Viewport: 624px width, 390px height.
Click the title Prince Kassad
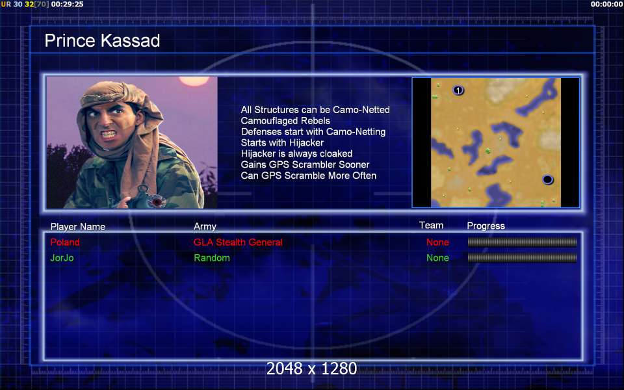click(102, 40)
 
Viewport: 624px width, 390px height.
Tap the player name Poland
click(65, 242)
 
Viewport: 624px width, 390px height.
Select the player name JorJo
click(62, 258)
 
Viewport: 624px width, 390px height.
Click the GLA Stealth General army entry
click(238, 242)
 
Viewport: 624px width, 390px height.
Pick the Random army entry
click(212, 258)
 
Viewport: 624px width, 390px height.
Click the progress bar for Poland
click(522, 242)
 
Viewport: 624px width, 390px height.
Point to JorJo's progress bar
click(522, 258)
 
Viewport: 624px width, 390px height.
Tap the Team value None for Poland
click(437, 242)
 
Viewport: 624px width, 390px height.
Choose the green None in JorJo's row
click(437, 258)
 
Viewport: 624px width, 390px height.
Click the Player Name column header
click(78, 227)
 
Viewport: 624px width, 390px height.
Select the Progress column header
click(486, 226)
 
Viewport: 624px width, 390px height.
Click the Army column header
click(205, 226)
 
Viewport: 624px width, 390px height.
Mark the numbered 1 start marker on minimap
click(458, 90)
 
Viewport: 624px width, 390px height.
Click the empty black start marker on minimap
click(547, 179)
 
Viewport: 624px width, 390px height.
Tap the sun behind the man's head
click(194, 81)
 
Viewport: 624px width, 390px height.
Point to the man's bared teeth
click(109, 134)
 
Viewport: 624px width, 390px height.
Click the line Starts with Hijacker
click(282, 142)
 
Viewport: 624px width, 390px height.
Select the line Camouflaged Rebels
click(285, 121)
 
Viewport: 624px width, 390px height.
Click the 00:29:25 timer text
click(67, 5)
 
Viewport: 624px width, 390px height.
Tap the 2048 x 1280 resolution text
click(311, 369)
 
